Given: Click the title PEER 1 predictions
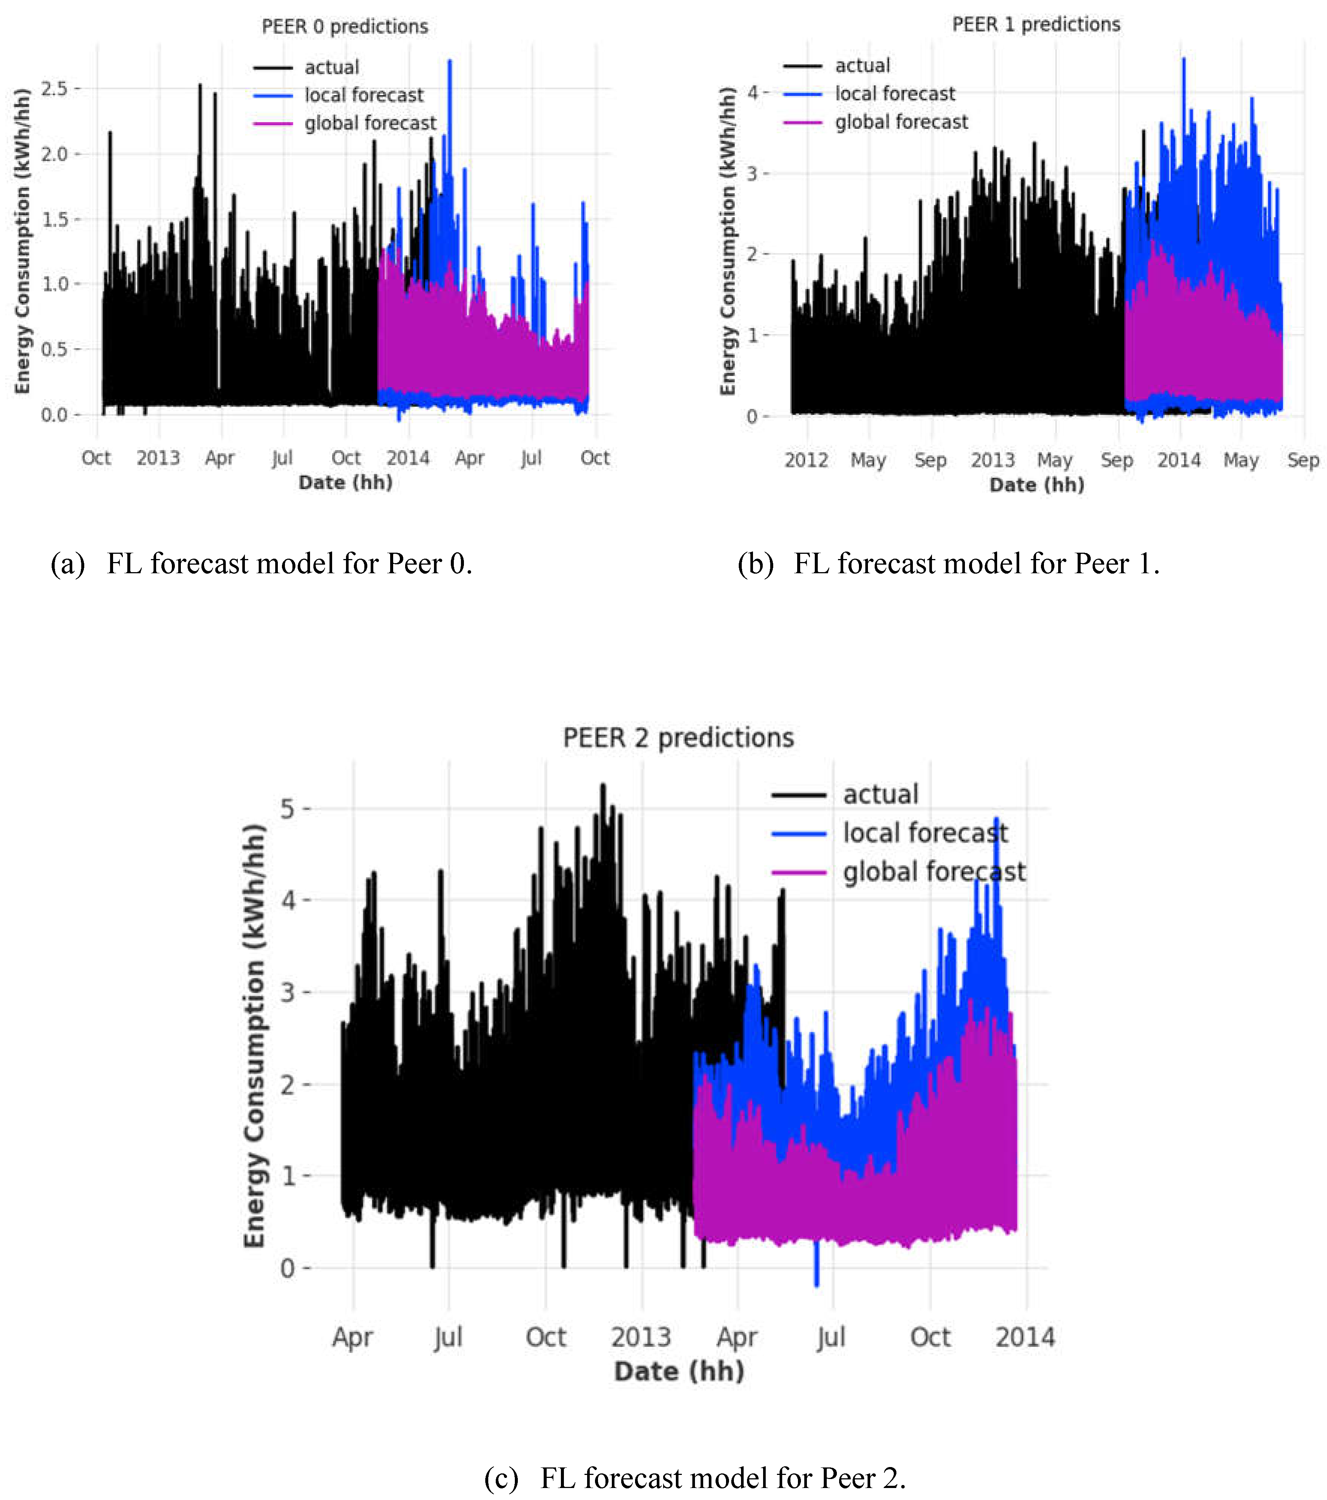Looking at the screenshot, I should tap(1036, 24).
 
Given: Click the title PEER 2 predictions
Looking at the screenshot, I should tap(678, 738).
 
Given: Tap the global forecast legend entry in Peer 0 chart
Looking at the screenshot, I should tap(370, 123).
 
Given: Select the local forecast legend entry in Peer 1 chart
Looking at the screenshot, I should tap(895, 94).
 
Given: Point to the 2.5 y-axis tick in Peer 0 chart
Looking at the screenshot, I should tap(54, 89).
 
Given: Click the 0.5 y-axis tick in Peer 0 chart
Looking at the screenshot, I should tap(54, 349).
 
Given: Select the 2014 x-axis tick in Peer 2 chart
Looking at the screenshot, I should tap(1024, 1337).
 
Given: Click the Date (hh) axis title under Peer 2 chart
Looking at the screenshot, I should tap(679, 1371).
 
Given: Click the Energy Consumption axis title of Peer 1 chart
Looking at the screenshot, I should tap(728, 241).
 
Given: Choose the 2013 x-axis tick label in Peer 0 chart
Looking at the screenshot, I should tap(158, 458).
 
